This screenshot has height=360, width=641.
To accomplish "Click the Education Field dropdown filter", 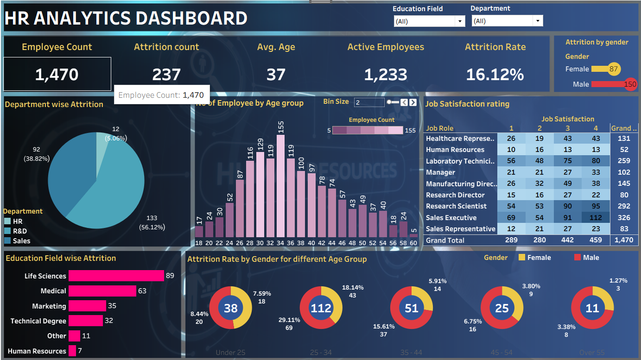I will pyautogui.click(x=429, y=21).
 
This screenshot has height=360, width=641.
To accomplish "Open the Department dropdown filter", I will pyautogui.click(x=507, y=21).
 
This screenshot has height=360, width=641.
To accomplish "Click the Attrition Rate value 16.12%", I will pyautogui.click(x=495, y=75).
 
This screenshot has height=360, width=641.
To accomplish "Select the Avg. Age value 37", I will pyautogui.click(x=276, y=75).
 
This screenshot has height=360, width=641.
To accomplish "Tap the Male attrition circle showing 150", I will pyautogui.click(x=630, y=84).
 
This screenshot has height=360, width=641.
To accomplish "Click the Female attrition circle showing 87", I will pyautogui.click(x=614, y=69).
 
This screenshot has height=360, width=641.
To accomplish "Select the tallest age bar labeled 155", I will pyautogui.click(x=280, y=185).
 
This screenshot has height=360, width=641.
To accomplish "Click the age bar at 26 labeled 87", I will pyautogui.click(x=240, y=208).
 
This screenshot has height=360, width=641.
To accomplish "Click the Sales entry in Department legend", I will pyautogui.click(x=21, y=240).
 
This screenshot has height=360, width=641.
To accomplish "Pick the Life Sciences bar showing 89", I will pyautogui.click(x=116, y=276).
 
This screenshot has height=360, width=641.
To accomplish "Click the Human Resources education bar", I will pyautogui.click(x=72, y=351).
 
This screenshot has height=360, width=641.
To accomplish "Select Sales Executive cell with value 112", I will pyautogui.click(x=596, y=218).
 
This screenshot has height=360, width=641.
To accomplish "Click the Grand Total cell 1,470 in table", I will pyautogui.click(x=623, y=240).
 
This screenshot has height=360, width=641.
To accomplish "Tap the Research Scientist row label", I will pyautogui.click(x=456, y=206).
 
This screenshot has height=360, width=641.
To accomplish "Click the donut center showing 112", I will pyautogui.click(x=321, y=308).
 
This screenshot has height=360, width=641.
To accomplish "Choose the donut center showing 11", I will pyautogui.click(x=592, y=308).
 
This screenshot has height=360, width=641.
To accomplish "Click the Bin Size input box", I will pyautogui.click(x=369, y=102).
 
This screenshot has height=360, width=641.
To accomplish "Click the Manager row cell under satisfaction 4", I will pyautogui.click(x=596, y=172).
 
